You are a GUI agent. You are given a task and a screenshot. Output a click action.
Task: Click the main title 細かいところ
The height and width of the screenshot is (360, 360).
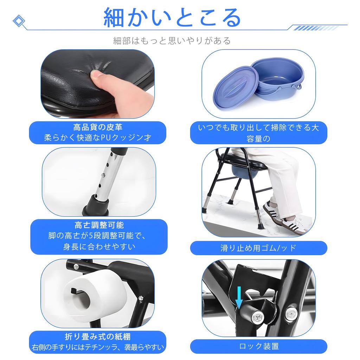172,18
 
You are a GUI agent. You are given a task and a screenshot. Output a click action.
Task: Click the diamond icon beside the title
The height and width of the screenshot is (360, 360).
19,21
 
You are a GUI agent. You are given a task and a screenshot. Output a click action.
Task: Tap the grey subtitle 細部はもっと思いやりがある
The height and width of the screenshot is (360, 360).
172,41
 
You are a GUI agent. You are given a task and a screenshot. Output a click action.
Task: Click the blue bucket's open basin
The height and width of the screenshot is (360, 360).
278,76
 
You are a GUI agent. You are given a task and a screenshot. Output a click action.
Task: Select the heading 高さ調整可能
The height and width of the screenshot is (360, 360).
99,225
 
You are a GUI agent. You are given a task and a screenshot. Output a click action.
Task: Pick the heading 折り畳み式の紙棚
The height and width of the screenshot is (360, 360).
98,336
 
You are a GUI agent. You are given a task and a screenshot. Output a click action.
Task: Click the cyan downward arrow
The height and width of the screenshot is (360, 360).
239,297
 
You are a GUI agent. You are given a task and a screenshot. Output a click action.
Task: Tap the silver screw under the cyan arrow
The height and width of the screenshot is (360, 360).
256,318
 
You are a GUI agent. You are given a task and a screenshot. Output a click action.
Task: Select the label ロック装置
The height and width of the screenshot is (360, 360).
259,346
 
